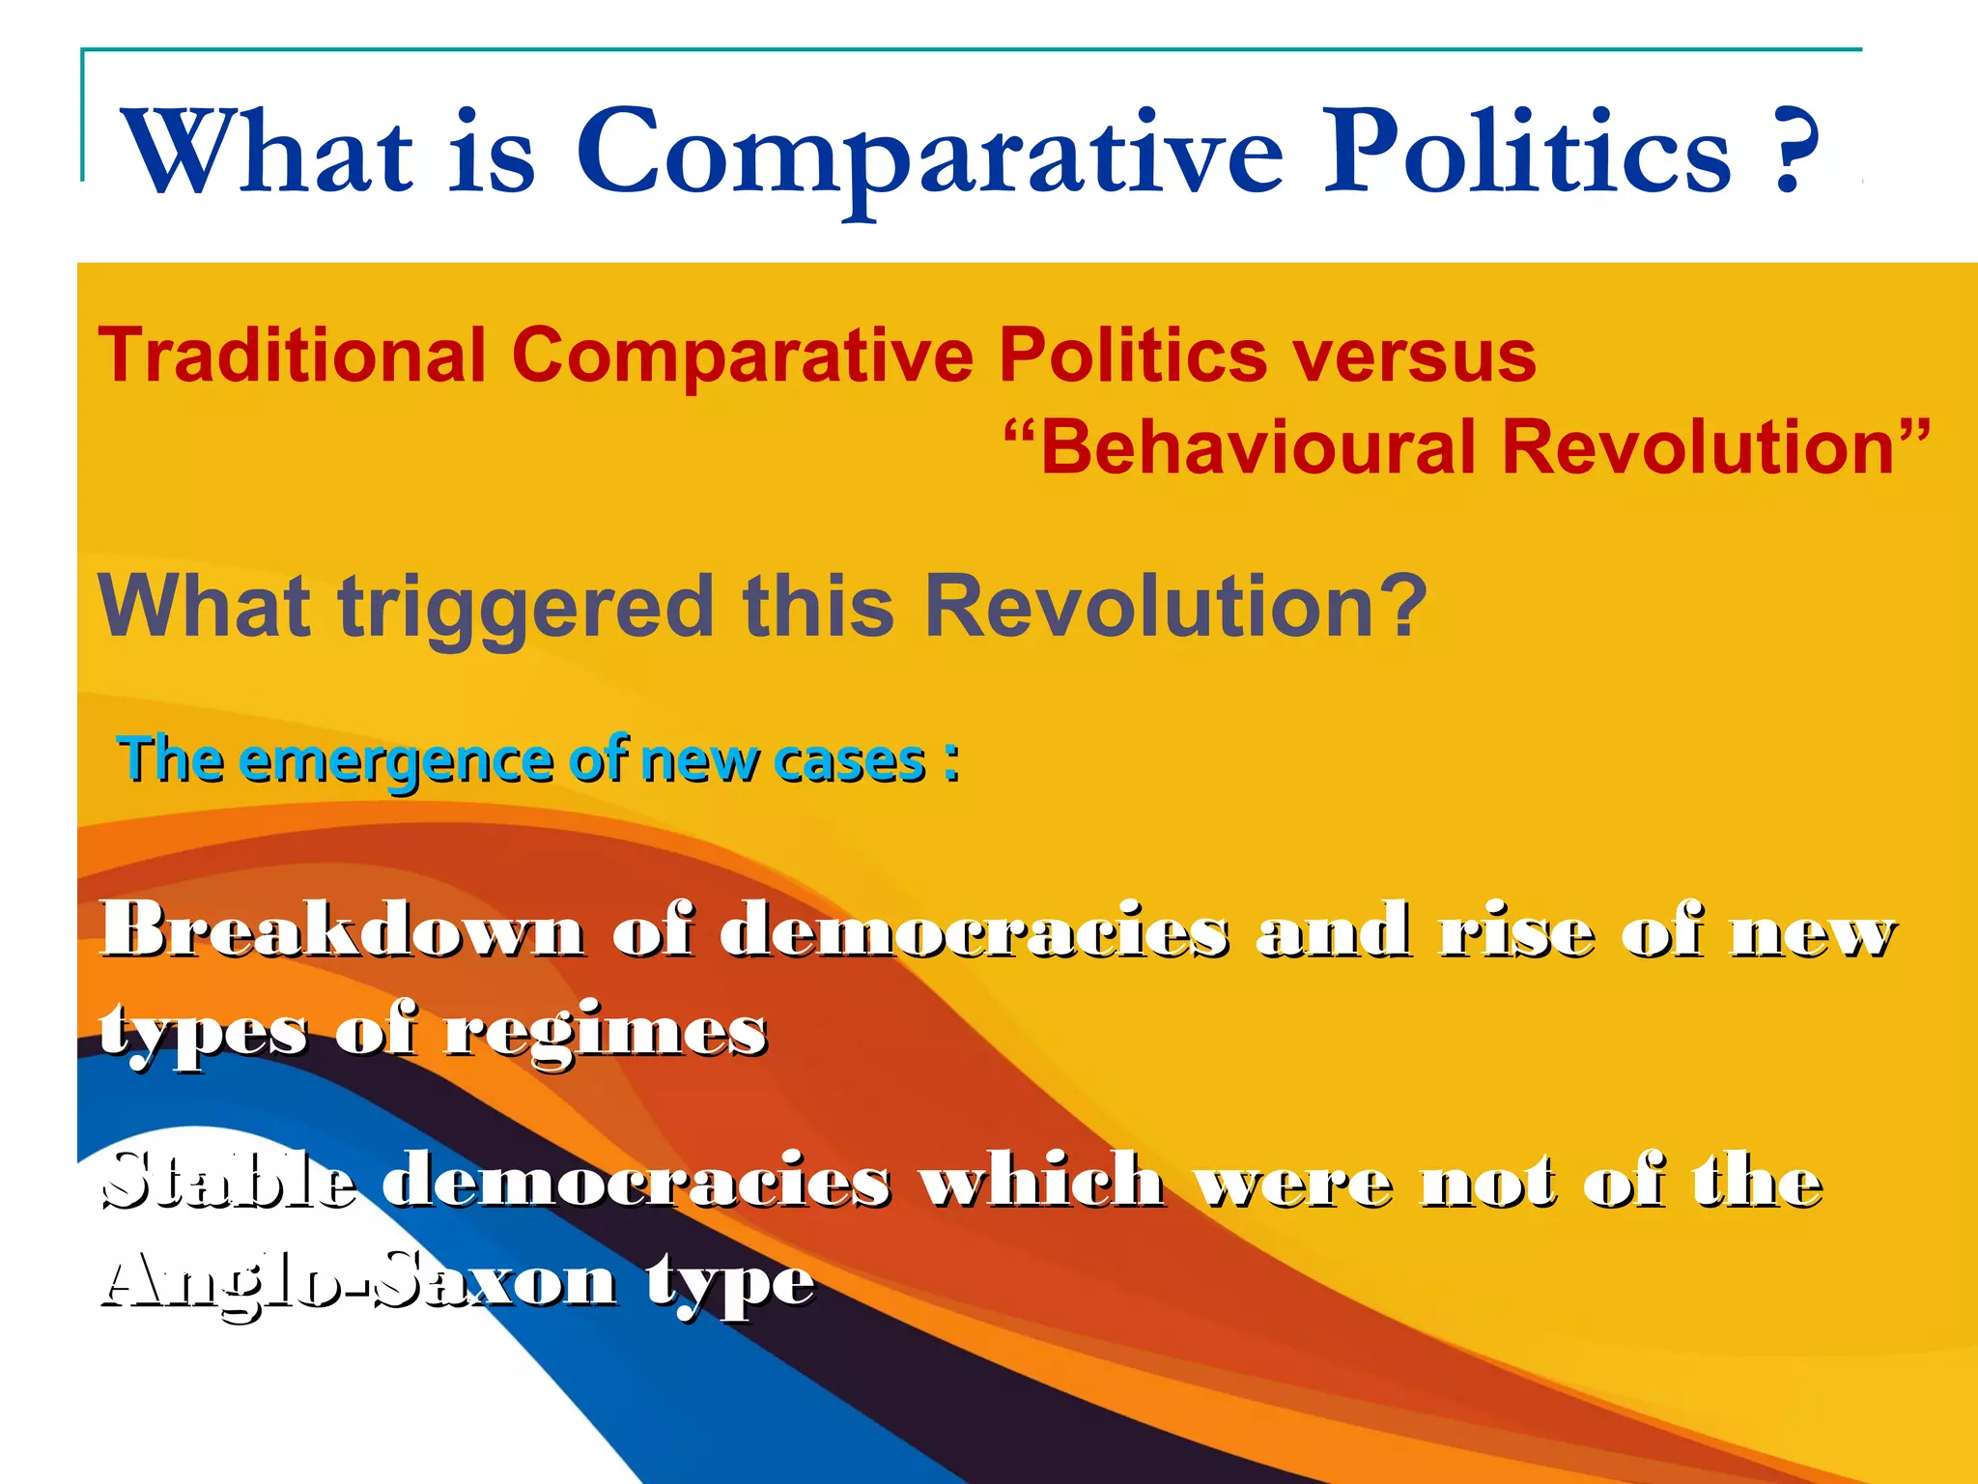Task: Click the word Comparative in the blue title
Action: tap(929, 155)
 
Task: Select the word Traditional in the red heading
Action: tap(292, 356)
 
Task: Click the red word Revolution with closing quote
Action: tap(1715, 448)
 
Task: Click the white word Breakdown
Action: tap(343, 929)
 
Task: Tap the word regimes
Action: tap(605, 1032)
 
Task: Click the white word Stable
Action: tap(229, 1181)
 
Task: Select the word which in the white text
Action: tap(1041, 1181)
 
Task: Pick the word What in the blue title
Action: tap(268, 155)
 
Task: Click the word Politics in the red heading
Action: tap(1132, 356)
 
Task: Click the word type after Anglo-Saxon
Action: tap(730, 1283)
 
